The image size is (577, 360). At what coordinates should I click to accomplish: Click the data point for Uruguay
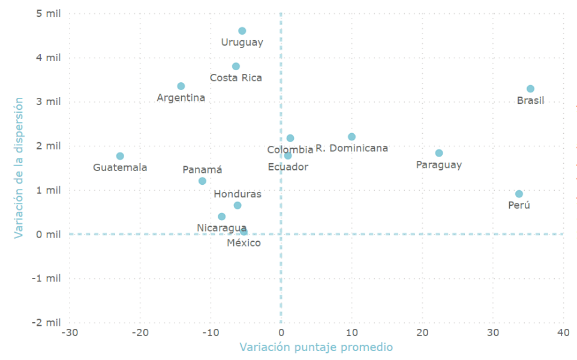(242, 31)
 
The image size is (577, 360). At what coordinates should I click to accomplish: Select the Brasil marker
(530, 89)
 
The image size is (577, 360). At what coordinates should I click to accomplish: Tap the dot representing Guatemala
(120, 156)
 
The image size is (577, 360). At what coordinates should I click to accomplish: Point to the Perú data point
(519, 194)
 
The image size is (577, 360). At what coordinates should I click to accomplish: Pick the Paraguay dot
(439, 153)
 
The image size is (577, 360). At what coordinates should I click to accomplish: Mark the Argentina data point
(181, 86)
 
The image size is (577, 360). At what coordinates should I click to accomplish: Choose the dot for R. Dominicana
(351, 137)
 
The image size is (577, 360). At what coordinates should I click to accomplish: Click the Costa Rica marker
(236, 66)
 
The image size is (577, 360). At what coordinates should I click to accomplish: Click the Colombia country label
(290, 150)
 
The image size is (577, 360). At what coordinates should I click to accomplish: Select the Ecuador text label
(288, 167)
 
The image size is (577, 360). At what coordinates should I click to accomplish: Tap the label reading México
(244, 243)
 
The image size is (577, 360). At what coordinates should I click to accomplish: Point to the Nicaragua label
(221, 228)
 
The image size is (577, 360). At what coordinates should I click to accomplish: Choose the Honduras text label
(238, 194)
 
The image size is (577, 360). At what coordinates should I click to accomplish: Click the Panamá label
(202, 170)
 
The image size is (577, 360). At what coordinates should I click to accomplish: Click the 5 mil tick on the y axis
(49, 13)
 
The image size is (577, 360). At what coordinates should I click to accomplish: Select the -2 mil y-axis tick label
(47, 322)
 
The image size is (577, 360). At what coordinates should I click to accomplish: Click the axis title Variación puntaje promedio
(316, 347)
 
